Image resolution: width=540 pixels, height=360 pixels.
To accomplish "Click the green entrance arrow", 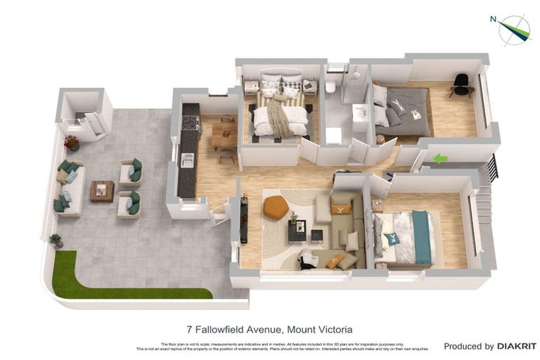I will [440, 159].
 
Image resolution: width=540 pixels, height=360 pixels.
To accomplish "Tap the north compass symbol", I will [514, 30].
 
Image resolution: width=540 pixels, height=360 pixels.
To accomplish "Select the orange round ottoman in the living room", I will [276, 207].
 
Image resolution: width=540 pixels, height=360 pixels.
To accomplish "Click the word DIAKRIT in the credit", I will [517, 346].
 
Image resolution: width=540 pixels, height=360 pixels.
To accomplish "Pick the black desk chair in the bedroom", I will [461, 84].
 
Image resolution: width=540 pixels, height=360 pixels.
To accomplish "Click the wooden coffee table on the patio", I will [102, 191].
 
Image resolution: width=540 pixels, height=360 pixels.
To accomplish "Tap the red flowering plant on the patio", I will [72, 143].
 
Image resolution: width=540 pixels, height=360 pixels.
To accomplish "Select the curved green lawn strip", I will [105, 285].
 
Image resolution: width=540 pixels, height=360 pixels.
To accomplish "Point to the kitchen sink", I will [187, 160].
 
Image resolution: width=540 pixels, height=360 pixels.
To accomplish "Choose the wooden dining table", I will [224, 137].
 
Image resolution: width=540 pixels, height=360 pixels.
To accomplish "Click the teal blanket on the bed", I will [422, 238].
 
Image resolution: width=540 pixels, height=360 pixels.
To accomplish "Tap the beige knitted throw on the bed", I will [279, 118].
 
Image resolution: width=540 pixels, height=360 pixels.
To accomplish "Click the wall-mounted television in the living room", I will [243, 219].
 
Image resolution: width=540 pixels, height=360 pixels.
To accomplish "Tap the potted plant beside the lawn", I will [56, 240].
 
